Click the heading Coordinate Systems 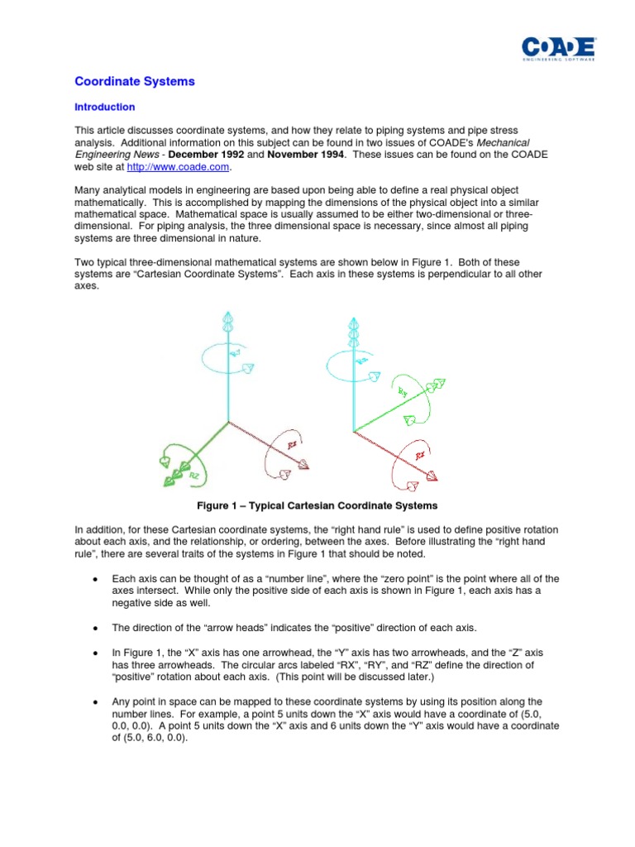(x=135, y=81)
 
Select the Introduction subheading (x=104, y=107)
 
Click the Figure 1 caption (x=317, y=505)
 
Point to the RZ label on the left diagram (x=193, y=476)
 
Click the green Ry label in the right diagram (x=403, y=391)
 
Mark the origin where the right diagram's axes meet (x=354, y=431)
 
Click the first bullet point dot (x=98, y=578)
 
